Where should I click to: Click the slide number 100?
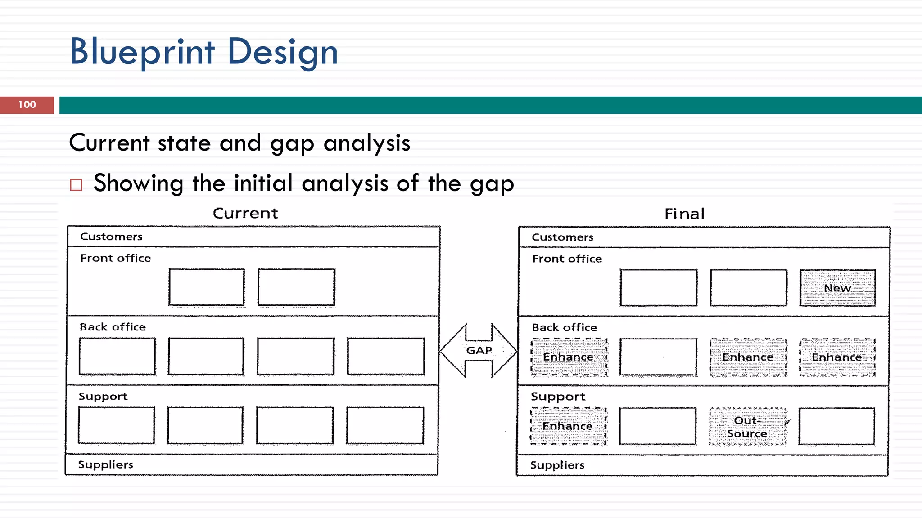coord(27,105)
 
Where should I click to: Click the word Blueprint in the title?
coord(142,52)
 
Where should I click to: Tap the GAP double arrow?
coord(479,350)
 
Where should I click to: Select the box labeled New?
coord(837,288)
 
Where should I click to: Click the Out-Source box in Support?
coord(748,427)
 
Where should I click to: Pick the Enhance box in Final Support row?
coord(568,426)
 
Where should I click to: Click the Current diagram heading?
coord(245,213)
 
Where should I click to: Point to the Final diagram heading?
coord(684,214)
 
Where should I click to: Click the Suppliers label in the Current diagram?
coord(106,464)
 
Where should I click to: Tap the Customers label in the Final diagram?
coord(562,237)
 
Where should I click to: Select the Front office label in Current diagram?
coord(116,258)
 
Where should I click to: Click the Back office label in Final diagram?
coord(565,327)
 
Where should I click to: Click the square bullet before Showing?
coord(77,185)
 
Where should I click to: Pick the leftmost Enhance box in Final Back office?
coord(569,357)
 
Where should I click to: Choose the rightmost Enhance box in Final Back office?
coord(837,357)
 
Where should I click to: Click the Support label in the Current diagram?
coord(103,396)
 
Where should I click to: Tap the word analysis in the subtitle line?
coord(367,143)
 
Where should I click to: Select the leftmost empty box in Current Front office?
coord(207,287)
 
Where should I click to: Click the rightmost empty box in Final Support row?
coord(836,426)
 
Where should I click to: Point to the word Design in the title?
coord(283,52)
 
